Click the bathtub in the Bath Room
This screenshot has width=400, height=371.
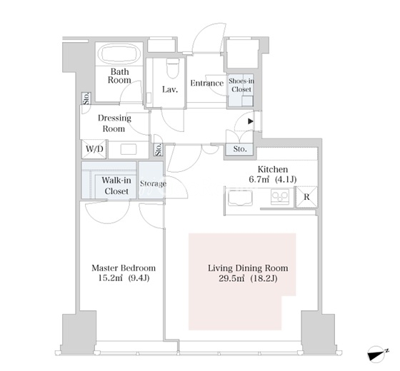pyautogui.click(x=121, y=54)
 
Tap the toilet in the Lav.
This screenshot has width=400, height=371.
pyautogui.click(x=173, y=68)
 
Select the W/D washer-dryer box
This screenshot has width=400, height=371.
pyautogui.click(x=94, y=149)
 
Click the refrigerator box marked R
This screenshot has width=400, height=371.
pyautogui.click(x=306, y=197)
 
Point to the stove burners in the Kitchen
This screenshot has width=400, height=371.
pyautogui.click(x=280, y=196)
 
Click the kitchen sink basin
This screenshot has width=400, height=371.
pyautogui.click(x=240, y=198)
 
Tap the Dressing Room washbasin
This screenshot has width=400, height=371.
pyautogui.click(x=129, y=149)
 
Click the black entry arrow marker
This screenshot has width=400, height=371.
pyautogui.click(x=251, y=121)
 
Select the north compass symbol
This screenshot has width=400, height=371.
pyautogui.click(x=378, y=353)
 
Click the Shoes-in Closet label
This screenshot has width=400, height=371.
pyautogui.click(x=241, y=85)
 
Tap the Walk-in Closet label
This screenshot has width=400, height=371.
pyautogui.click(x=116, y=185)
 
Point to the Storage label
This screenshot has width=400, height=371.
pyautogui.click(x=153, y=184)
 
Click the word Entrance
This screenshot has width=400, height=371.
pyautogui.click(x=207, y=83)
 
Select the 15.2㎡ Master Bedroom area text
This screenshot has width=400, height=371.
pyautogui.click(x=124, y=278)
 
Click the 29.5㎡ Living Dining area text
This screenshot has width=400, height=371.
pyautogui.click(x=248, y=278)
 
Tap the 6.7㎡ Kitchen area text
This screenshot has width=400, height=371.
pyautogui.click(x=273, y=179)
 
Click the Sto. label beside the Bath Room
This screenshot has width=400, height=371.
pyautogui.click(x=86, y=98)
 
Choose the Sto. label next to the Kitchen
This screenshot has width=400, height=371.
pyautogui.click(x=240, y=149)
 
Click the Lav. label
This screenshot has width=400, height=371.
pyautogui.click(x=170, y=90)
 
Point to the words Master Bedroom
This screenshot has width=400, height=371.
pyautogui.click(x=124, y=268)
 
